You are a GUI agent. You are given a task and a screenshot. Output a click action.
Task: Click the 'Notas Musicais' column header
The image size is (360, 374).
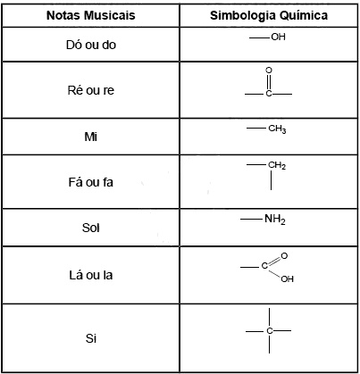tap(91, 15)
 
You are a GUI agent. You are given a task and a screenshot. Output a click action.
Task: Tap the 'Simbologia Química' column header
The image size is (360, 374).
tap(269, 15)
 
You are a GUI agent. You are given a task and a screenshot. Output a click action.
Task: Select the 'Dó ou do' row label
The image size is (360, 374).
tap(91, 45)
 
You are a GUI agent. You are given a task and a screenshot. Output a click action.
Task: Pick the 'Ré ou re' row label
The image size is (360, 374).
tap(91, 90)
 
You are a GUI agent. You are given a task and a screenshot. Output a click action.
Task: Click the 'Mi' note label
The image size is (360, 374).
tap(91, 137)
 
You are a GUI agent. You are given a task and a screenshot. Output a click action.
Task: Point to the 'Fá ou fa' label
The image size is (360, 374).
tap(91, 182)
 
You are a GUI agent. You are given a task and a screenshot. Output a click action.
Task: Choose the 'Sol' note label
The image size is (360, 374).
tap(91, 228)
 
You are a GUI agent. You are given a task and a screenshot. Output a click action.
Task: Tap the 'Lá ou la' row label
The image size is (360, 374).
tap(91, 275)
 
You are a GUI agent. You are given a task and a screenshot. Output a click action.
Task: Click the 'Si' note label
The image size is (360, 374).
tap(91, 338)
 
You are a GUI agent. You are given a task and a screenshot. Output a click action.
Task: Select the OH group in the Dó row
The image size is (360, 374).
tap(278, 37)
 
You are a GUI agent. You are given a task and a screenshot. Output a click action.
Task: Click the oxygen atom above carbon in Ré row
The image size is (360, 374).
tap(269, 71)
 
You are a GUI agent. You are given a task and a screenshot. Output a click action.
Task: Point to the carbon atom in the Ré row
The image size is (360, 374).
tap(269, 94)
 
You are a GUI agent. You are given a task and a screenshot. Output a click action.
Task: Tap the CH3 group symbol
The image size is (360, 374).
tap(277, 129)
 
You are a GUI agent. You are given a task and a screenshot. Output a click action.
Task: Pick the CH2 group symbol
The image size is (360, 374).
tap(277, 165)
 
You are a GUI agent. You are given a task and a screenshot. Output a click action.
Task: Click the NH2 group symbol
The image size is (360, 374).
tap(275, 220)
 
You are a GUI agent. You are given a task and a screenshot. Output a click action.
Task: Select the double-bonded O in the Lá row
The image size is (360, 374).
tap(284, 256)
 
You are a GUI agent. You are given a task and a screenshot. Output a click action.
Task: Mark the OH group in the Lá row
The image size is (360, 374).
tap(288, 278)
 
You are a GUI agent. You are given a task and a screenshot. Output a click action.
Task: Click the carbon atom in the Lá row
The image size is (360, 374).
tap(264, 265)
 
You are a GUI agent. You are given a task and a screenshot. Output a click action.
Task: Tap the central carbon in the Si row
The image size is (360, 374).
tap(270, 331)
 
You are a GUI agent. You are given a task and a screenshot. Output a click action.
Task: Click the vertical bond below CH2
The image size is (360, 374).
tap(271, 180)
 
